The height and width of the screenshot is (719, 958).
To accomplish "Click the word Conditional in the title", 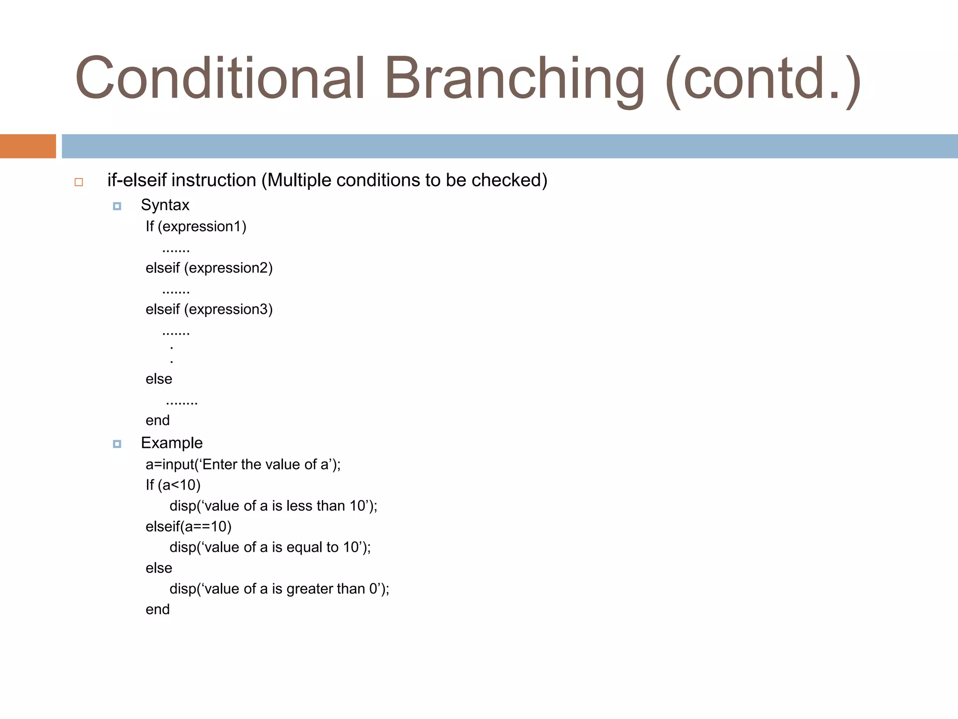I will [x=220, y=79].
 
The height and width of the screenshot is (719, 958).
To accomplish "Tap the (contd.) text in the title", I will [x=762, y=80].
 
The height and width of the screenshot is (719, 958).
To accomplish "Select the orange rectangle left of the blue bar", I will [x=28, y=146].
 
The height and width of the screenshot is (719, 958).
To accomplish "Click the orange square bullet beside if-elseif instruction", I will [x=79, y=182].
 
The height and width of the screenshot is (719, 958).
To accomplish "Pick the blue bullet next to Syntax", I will [x=117, y=206].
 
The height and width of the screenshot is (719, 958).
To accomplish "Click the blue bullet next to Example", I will [x=117, y=444].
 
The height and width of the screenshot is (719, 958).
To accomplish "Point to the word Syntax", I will [x=165, y=205].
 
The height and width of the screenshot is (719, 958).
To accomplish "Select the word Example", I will [x=172, y=443].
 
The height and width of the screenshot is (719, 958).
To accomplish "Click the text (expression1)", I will [x=202, y=227].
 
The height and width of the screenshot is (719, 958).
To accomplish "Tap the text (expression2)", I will [x=228, y=268].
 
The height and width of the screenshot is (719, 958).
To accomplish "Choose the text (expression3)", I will [x=228, y=309].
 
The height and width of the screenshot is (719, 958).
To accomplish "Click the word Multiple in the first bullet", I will [x=299, y=180].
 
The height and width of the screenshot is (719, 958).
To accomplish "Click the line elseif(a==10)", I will [x=189, y=527].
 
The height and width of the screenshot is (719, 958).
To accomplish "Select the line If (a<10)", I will [x=173, y=485].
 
